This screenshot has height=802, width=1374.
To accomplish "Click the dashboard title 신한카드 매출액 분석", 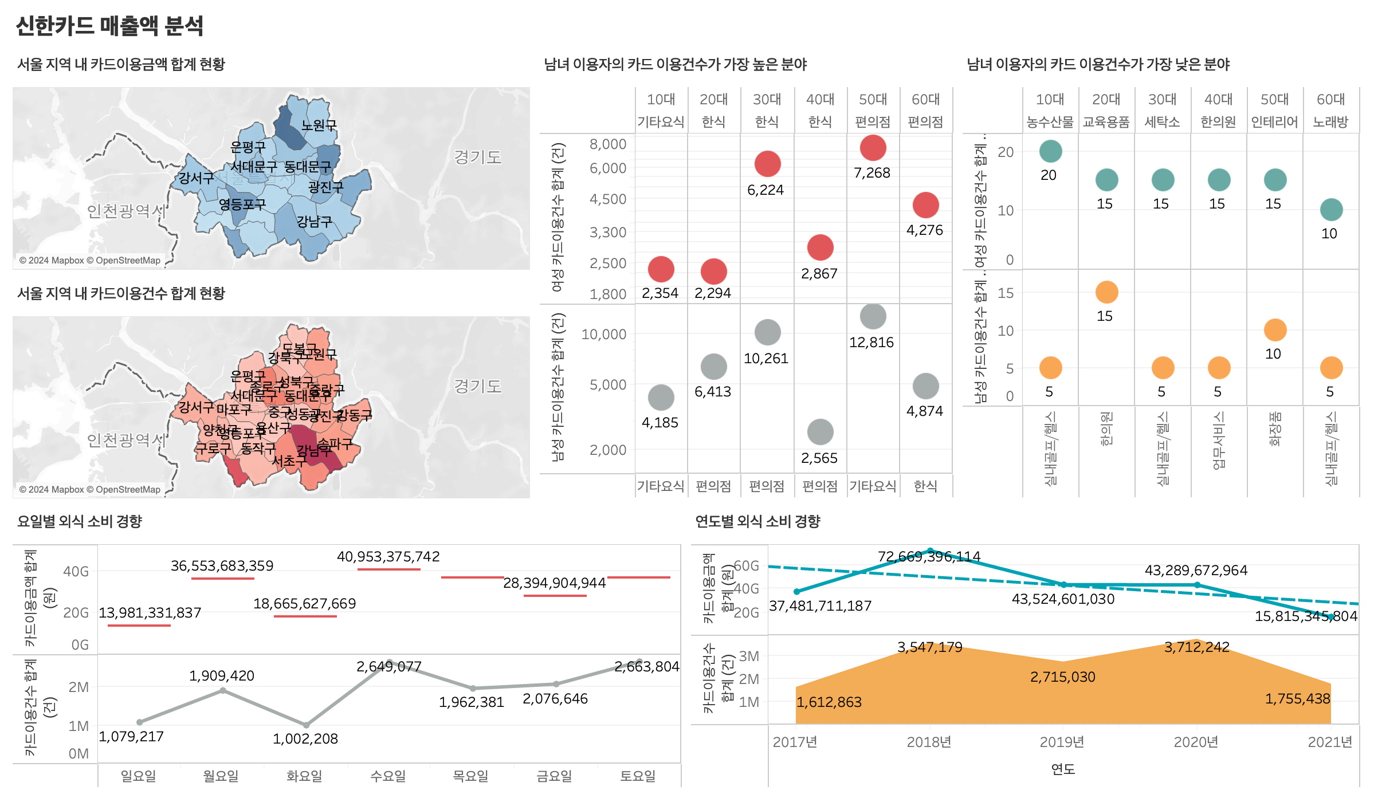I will [109, 26].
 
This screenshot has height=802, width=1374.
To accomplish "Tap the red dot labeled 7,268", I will [873, 148].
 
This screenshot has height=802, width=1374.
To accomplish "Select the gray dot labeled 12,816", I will [873, 316].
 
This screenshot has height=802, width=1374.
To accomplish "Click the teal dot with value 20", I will [1050, 151].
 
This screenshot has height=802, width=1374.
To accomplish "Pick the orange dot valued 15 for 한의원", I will [1106, 292].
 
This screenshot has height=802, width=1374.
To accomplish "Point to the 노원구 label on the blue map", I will [319, 125].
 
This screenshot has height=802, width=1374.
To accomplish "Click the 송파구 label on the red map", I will [335, 443].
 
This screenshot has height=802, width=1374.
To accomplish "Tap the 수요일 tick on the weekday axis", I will [388, 776].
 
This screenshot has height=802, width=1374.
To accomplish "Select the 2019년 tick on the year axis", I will [1062, 742].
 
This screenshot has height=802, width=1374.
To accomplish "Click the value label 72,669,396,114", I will [929, 556].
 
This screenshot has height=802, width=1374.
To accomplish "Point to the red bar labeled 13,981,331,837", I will [139, 625].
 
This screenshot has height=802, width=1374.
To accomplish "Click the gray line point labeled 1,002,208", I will [306, 725].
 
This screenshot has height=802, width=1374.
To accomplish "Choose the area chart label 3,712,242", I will [1196, 647].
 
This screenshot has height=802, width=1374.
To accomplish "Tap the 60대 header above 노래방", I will [1330, 99].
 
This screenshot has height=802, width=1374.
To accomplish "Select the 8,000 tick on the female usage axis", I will [608, 144].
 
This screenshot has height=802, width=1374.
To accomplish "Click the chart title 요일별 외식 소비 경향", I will [80, 521].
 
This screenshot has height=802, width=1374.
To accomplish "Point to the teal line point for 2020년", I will [1197, 585].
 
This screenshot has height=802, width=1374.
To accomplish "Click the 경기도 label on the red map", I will [477, 386].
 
